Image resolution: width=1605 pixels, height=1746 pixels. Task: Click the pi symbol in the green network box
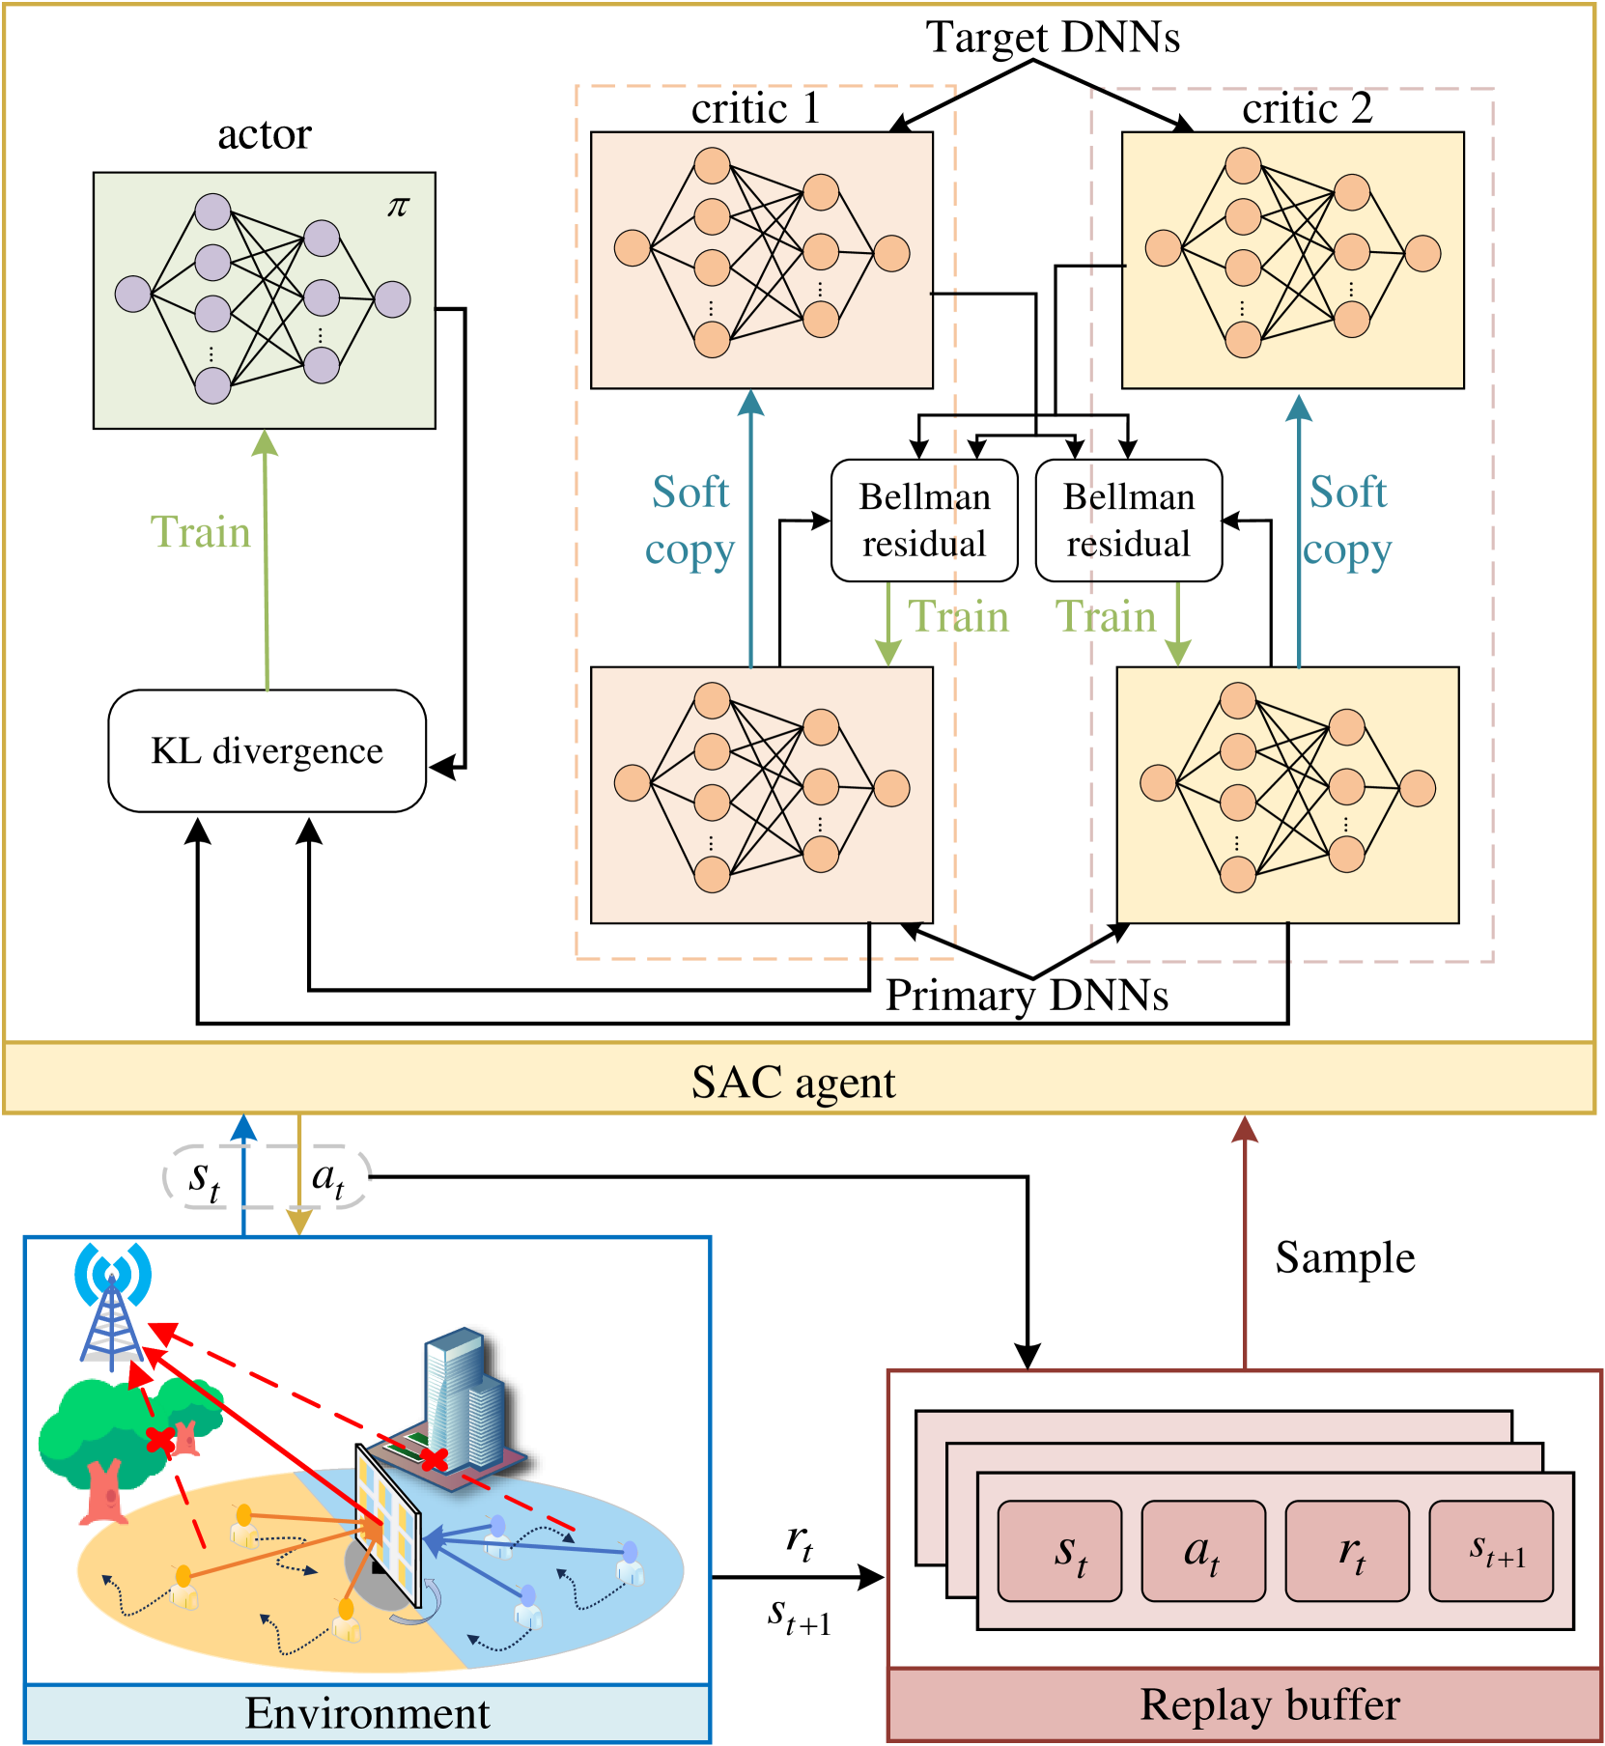coord(398,207)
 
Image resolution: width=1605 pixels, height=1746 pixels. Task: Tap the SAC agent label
coord(793,1083)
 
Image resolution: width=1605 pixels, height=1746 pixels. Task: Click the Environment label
coord(367,1713)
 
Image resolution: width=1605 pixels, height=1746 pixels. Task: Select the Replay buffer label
coord(1269,1704)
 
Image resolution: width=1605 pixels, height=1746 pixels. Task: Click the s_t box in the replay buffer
coord(1059,1551)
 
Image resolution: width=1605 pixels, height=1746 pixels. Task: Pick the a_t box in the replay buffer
coord(1202,1551)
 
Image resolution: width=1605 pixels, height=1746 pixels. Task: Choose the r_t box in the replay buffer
coord(1347,1551)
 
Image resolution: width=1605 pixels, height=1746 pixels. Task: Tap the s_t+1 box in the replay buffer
coord(1491,1551)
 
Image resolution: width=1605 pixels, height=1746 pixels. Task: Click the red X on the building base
coord(434,1458)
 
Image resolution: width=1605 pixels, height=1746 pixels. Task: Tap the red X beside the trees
coord(159,1440)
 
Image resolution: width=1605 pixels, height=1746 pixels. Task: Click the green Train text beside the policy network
coord(201,532)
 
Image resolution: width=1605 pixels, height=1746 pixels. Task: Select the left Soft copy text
coord(690,521)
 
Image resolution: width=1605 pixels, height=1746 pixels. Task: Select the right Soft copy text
coord(1347,521)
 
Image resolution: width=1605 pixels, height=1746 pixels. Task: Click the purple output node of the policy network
coord(392,299)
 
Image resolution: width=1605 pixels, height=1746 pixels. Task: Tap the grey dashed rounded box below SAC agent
coord(267,1176)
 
